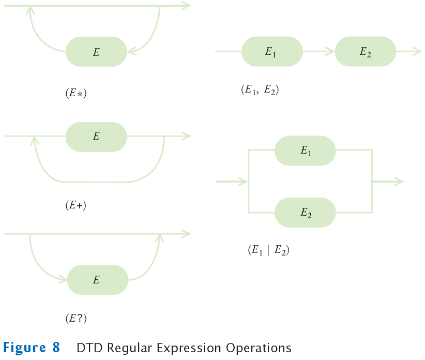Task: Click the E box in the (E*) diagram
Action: pyautogui.click(x=96, y=52)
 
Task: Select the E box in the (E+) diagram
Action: pyautogui.click(x=96, y=137)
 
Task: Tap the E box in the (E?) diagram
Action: pyautogui.click(x=98, y=280)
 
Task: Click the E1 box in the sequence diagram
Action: pyautogui.click(x=272, y=52)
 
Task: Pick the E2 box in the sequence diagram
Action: pyautogui.click(x=366, y=52)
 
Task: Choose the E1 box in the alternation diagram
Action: pyautogui.click(x=305, y=151)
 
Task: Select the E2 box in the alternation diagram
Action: pyautogui.click(x=305, y=213)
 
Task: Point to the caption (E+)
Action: pyautogui.click(x=75, y=205)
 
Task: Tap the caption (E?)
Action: pyautogui.click(x=75, y=319)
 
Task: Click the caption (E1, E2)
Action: pyautogui.click(x=260, y=89)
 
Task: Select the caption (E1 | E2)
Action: pyautogui.click(x=268, y=251)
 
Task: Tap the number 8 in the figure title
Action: pyautogui.click(x=56, y=348)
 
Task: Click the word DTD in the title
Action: pyautogui.click(x=89, y=348)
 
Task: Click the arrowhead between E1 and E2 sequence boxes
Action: pyautogui.click(x=329, y=52)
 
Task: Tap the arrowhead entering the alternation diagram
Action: pyautogui.click(x=242, y=182)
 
